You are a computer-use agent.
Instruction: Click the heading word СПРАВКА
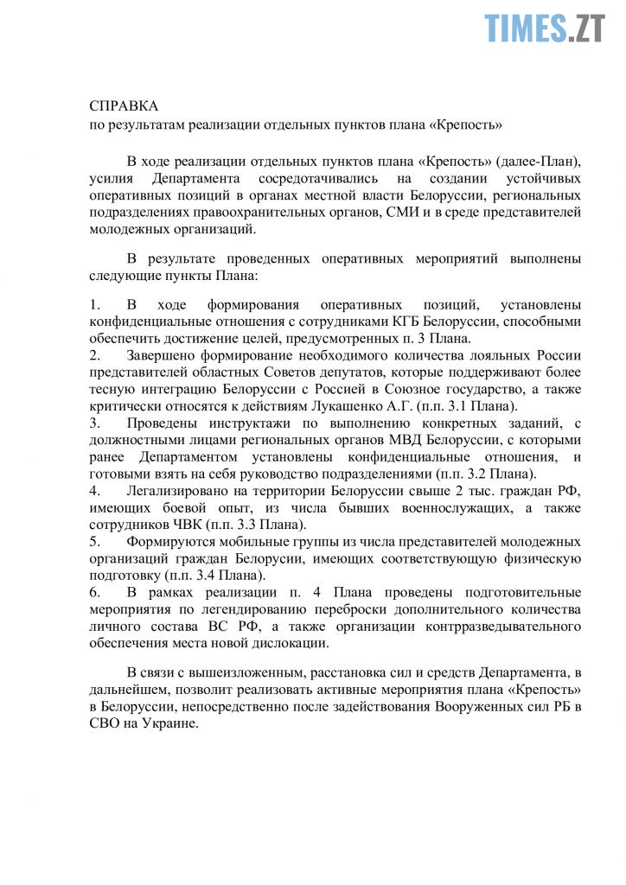[x=125, y=105]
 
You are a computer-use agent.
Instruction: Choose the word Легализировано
[x=179, y=491]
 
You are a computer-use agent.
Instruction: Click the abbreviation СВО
[x=104, y=724]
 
